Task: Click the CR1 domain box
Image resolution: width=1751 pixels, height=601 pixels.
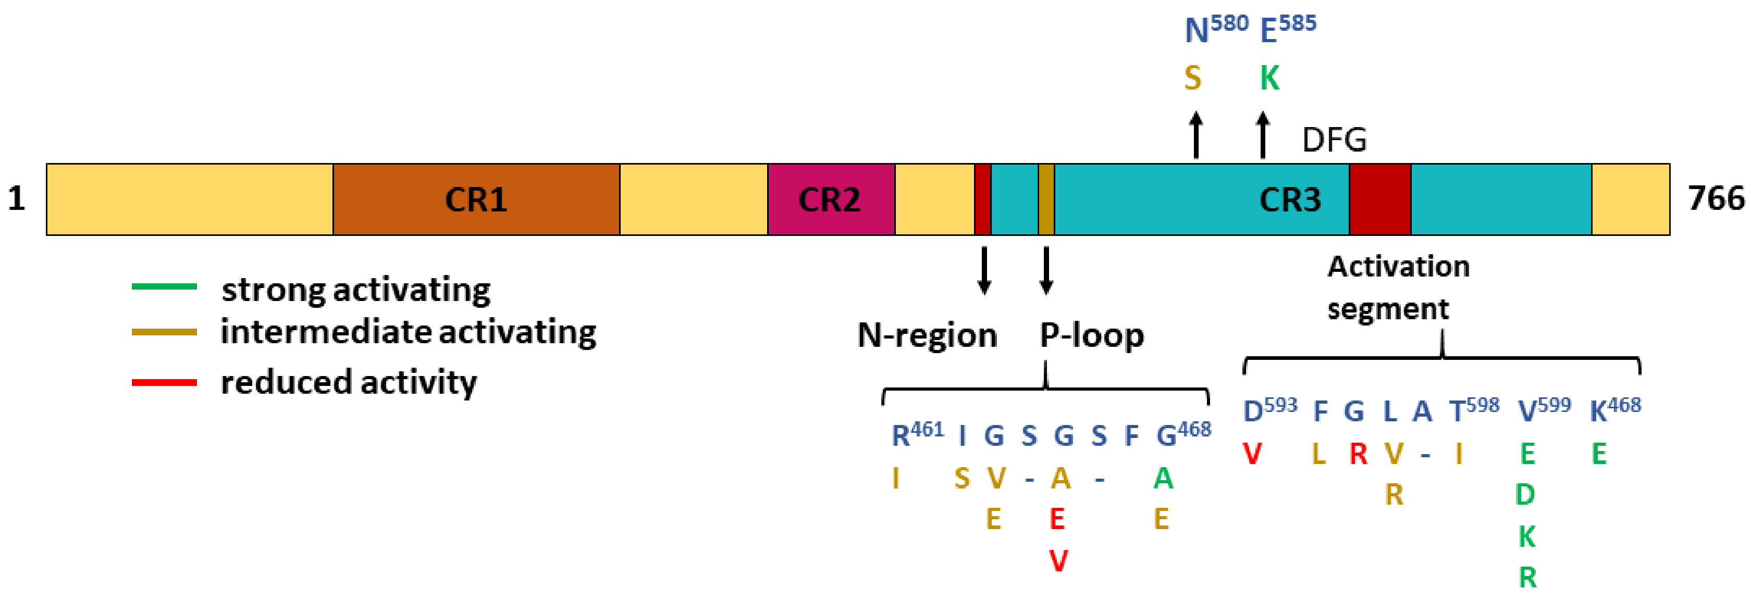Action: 476,199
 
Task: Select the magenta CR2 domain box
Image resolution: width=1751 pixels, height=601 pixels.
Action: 831,199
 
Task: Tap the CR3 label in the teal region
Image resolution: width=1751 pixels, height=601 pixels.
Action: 1289,199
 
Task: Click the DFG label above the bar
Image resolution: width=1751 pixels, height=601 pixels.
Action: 1334,141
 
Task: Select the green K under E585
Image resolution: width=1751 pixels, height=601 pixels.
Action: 1269,79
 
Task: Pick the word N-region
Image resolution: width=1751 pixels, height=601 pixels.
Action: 927,335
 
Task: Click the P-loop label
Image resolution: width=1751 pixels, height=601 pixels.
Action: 1092,335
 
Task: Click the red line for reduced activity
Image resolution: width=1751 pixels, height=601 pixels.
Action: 165,383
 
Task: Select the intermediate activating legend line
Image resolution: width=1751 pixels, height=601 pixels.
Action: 165,333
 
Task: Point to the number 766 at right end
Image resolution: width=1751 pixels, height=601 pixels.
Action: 1716,199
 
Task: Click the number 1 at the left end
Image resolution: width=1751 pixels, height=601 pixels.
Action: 16,199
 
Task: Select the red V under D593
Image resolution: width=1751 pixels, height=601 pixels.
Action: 1253,454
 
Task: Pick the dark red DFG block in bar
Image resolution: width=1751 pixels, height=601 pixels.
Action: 1380,199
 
